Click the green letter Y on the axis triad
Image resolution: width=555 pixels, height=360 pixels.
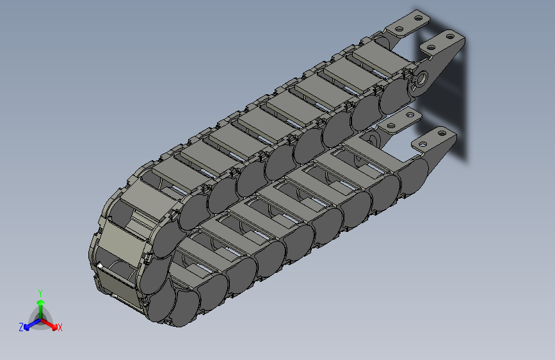[40, 293]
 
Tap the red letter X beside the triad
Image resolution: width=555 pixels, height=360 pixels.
[60, 327]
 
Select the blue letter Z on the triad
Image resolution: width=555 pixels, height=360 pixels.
[21, 327]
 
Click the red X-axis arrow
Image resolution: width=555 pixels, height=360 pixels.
[49, 323]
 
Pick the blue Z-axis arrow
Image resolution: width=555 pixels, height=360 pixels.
[33, 324]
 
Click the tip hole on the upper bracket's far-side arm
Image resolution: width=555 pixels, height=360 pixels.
[419, 17]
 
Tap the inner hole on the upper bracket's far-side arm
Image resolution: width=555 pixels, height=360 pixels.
[399, 29]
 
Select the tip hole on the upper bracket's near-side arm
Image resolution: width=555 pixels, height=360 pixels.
[450, 36]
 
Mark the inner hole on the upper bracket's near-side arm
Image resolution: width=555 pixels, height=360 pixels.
[431, 47]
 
